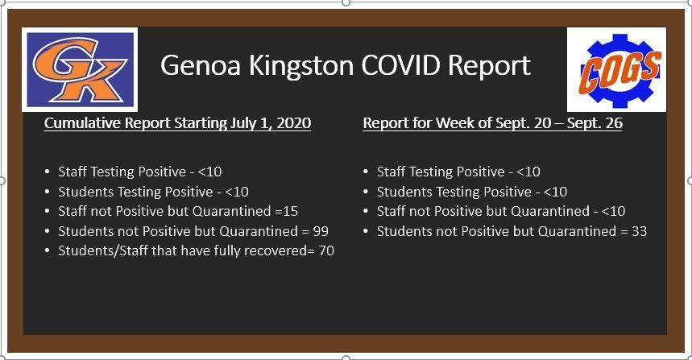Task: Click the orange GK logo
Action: [x=80, y=69]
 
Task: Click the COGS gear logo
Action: [x=616, y=69]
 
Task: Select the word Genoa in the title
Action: [x=201, y=65]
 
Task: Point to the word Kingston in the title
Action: [x=301, y=66]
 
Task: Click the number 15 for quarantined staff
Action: [x=290, y=211]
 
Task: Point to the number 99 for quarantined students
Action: [x=321, y=230]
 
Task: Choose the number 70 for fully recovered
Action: [x=326, y=250]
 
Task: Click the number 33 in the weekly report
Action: [x=639, y=230]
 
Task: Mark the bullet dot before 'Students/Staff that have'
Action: [x=48, y=250]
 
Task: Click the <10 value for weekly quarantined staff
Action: [x=613, y=211]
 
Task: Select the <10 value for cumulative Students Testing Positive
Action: [x=237, y=192]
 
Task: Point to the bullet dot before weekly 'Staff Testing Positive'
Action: [x=366, y=172]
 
